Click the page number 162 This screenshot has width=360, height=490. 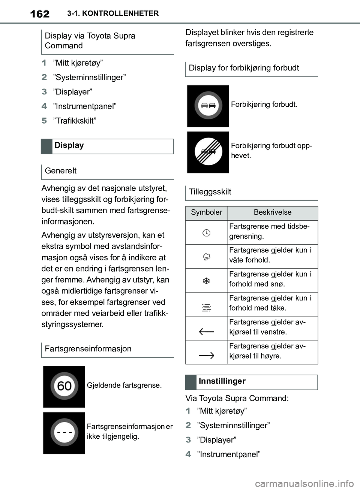point(39,14)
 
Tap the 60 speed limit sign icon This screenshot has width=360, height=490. point(64,386)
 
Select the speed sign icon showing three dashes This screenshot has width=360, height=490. point(64,433)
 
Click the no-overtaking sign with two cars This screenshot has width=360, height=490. point(208,106)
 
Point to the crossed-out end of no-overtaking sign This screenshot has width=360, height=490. point(208,152)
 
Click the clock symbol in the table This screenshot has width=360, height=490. point(206,233)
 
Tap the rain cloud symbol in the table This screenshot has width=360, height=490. point(206,257)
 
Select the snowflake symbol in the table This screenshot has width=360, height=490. point(206,281)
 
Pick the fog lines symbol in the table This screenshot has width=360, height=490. point(206,308)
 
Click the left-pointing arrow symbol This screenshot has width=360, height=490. point(206,331)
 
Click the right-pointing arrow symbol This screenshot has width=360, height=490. point(206,355)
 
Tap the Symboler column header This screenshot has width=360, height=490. point(207,212)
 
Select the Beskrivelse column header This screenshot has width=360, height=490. point(273,212)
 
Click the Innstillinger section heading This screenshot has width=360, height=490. point(222,381)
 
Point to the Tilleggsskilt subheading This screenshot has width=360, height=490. point(210,192)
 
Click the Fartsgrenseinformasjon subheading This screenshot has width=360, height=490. point(88,349)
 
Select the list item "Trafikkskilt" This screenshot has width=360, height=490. point(75,121)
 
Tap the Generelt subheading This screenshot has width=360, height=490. point(61,171)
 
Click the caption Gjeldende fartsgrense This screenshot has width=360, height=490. point(124,385)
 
